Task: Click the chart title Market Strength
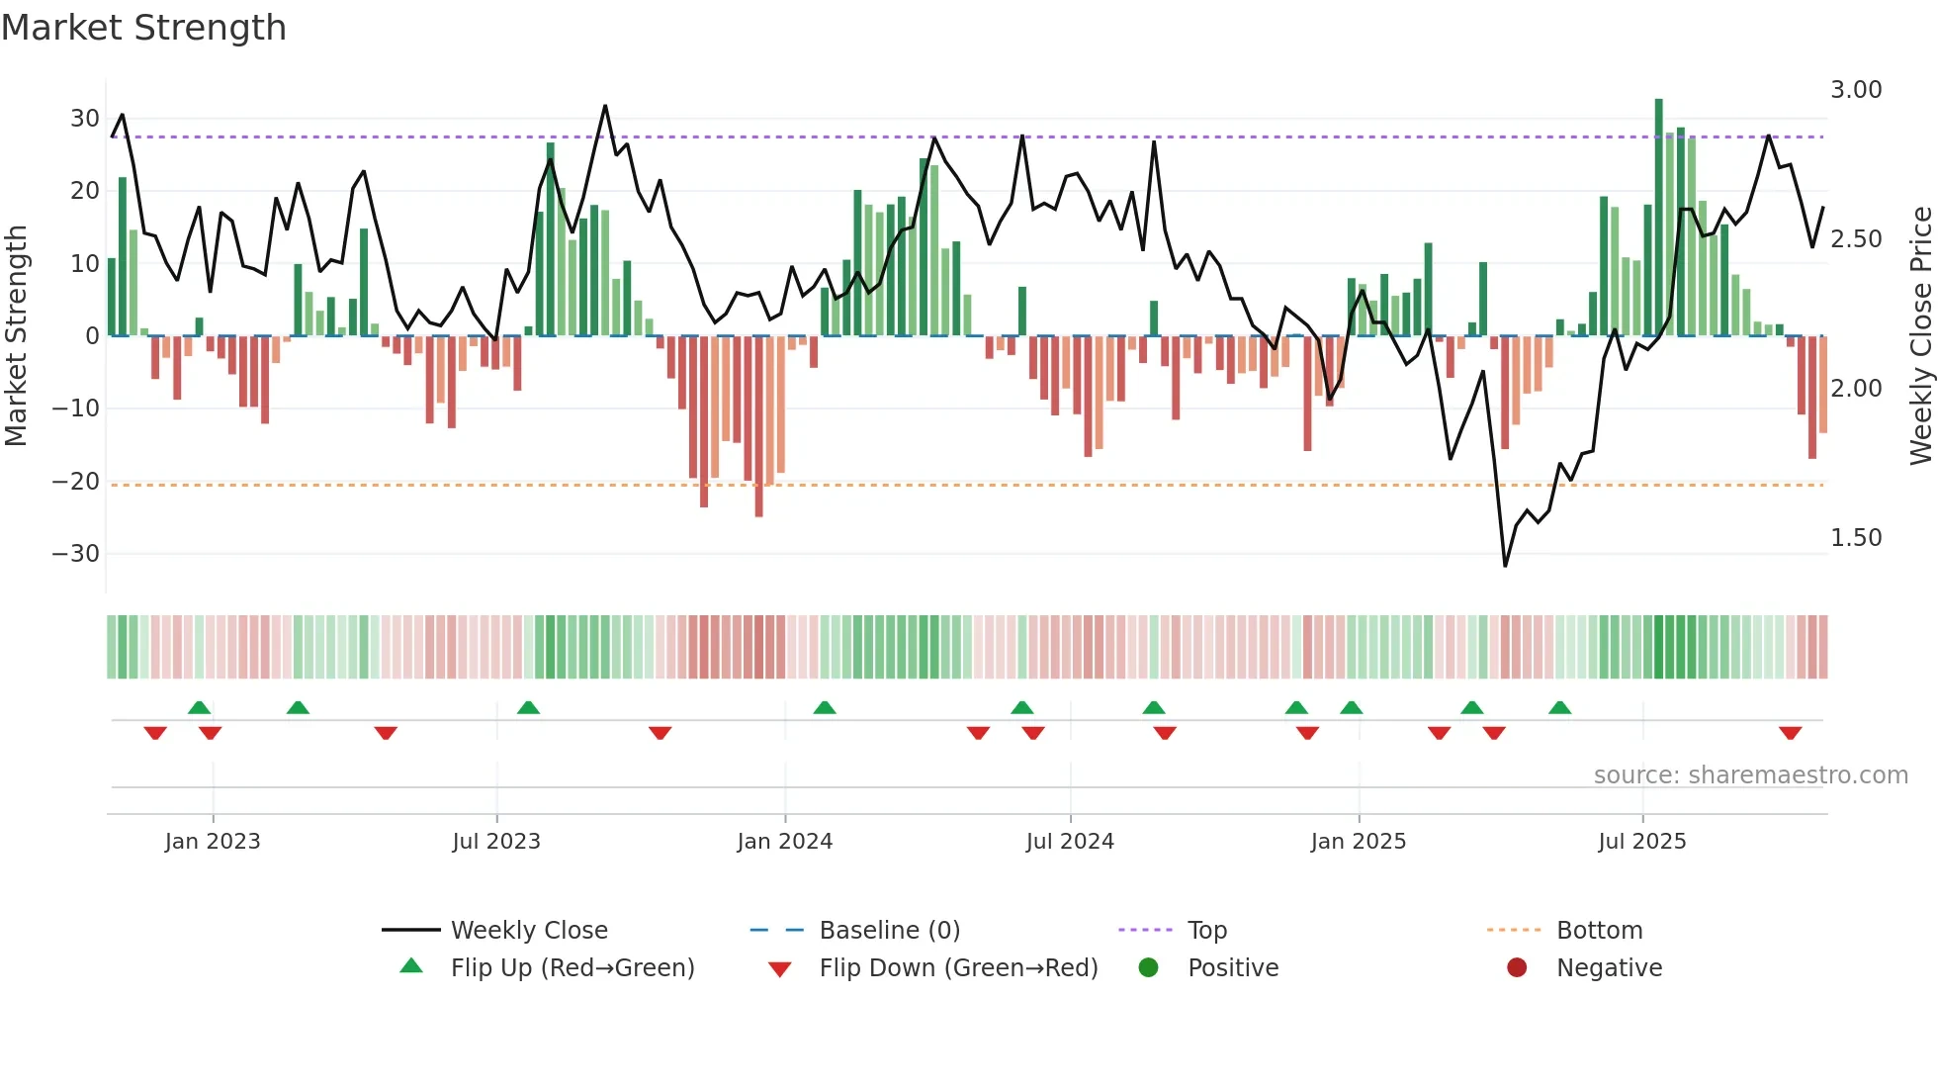click(x=143, y=28)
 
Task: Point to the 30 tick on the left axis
click(x=85, y=119)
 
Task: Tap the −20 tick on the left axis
click(x=76, y=482)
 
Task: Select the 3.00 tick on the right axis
click(x=1856, y=90)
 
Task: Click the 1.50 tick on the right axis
click(x=1856, y=538)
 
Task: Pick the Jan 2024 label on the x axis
click(x=785, y=842)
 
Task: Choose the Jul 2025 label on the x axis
click(x=1642, y=842)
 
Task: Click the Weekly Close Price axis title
click(x=1920, y=335)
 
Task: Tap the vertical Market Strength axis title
click(x=17, y=335)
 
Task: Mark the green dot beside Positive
click(x=1148, y=967)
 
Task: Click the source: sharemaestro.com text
click(x=1750, y=775)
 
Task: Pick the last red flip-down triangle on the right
click(x=1790, y=733)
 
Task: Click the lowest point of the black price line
click(x=1505, y=566)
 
